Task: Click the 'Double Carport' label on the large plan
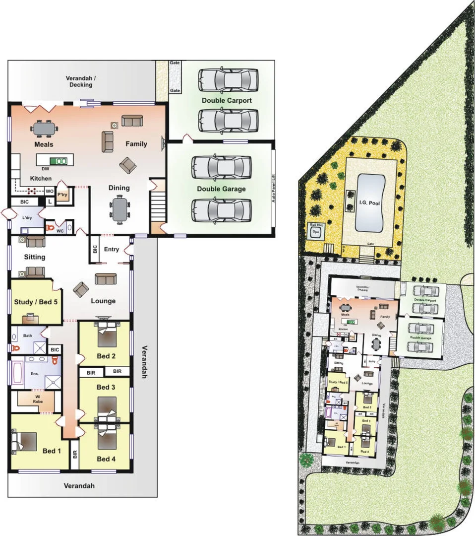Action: [227, 100]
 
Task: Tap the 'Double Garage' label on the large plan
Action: [221, 189]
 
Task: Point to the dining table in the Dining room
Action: [119, 208]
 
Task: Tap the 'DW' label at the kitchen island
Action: [45, 169]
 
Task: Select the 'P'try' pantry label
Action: [62, 195]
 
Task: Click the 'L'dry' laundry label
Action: [27, 218]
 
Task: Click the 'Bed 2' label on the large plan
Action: [106, 356]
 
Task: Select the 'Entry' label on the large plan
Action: [112, 249]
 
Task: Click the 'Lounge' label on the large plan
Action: [103, 301]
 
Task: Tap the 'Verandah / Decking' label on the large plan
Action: [81, 81]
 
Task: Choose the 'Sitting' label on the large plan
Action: [35, 257]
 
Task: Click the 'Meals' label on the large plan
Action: [44, 144]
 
